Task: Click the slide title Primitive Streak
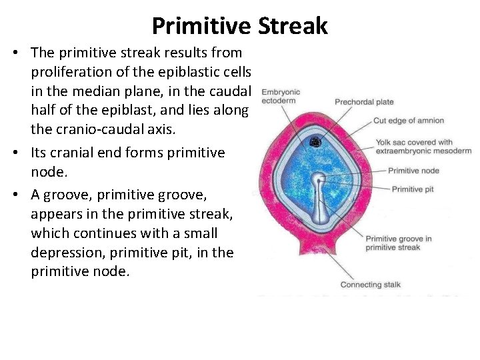[239, 25]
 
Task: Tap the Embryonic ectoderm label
[281, 97]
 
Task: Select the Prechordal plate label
[364, 102]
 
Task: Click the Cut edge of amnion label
[408, 121]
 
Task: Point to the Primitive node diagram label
[413, 171]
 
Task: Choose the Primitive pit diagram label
[413, 189]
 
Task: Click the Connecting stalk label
[370, 285]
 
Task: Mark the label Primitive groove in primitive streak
[398, 243]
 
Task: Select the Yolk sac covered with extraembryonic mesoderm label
[423, 146]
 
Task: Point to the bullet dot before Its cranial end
[13, 153]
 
